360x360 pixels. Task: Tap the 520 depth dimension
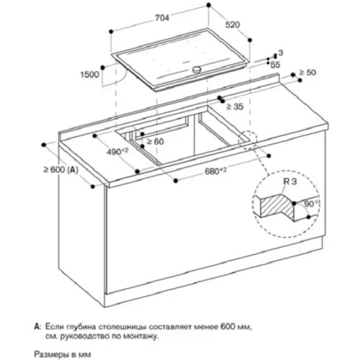pos(233,24)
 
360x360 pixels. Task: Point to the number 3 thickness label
pos(281,55)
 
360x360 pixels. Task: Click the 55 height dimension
pos(275,65)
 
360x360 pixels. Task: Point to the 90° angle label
pos(310,204)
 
